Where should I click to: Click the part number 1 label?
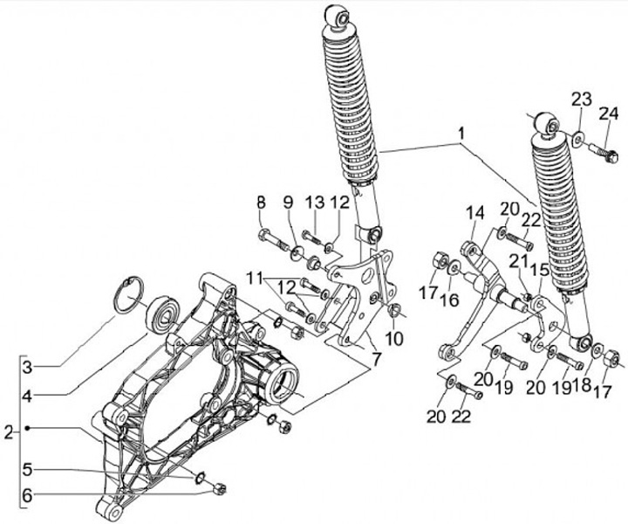click(x=460, y=135)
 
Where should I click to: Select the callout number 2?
click(x=9, y=431)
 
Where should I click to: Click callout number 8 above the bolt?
click(x=261, y=203)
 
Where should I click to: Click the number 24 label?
click(x=607, y=114)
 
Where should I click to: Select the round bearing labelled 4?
click(x=162, y=312)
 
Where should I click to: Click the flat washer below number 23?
click(x=579, y=137)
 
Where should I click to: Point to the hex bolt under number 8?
click(x=268, y=236)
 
